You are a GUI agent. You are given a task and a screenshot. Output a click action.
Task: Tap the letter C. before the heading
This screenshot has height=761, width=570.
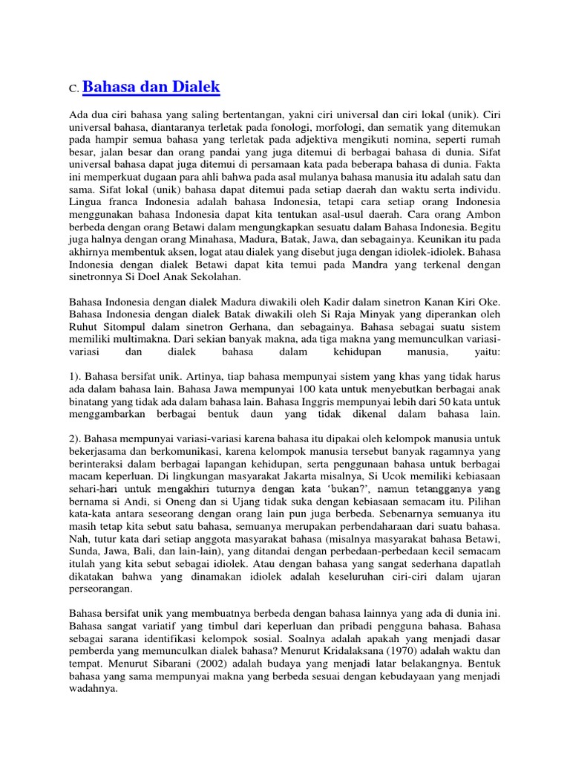click(73, 89)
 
